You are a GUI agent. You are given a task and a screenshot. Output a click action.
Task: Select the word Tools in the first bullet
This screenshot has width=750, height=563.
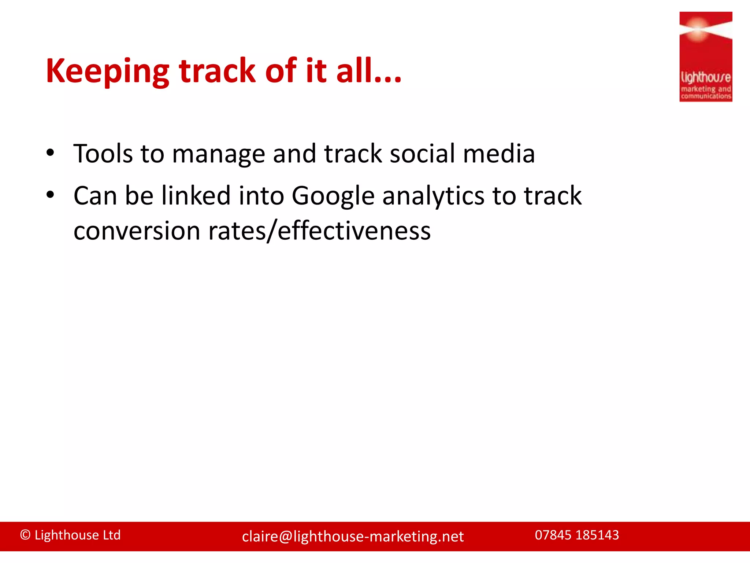(103, 154)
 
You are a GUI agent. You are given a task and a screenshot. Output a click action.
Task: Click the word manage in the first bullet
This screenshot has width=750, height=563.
(218, 154)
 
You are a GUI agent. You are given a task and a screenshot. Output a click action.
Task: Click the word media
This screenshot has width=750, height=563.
(499, 154)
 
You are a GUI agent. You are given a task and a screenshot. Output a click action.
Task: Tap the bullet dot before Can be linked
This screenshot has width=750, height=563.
(50, 195)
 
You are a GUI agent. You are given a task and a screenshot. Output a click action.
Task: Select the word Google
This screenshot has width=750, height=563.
(333, 196)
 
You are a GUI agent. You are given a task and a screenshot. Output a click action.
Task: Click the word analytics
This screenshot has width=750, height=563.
(433, 196)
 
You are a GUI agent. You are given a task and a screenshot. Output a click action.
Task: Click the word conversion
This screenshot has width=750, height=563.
(137, 231)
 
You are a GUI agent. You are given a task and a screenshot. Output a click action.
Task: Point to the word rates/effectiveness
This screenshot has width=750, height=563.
(319, 231)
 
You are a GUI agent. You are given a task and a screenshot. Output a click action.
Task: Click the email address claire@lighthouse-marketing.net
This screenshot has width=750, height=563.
(353, 537)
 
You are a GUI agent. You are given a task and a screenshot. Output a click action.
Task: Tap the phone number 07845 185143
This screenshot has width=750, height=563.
(577, 535)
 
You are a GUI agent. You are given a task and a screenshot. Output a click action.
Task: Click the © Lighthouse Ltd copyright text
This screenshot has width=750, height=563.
(70, 535)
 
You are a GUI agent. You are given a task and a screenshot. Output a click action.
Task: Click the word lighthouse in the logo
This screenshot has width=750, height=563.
(705, 78)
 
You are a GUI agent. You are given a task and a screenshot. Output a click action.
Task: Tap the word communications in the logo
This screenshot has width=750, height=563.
(706, 96)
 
